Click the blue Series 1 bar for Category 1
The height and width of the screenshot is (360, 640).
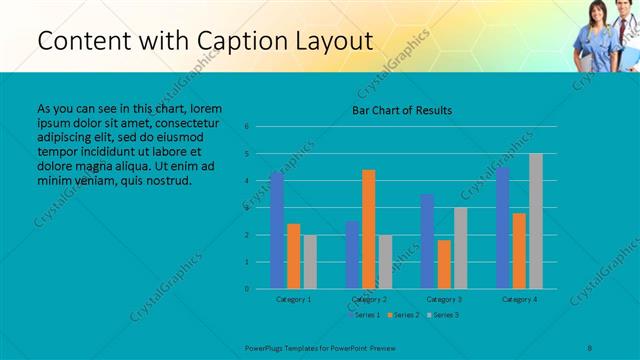pos(277,230)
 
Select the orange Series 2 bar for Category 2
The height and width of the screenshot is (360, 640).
pos(369,229)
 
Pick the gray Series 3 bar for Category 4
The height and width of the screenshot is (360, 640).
pos(536,221)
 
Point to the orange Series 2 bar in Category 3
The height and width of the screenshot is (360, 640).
pos(444,264)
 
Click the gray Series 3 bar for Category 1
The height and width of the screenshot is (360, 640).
pos(310,262)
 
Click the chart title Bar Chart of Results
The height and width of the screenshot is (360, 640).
pos(402,109)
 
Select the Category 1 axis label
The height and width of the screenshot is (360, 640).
pos(293,299)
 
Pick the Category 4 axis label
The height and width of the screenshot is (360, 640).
pos(519,299)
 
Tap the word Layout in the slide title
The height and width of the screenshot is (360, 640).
pos(338,41)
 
